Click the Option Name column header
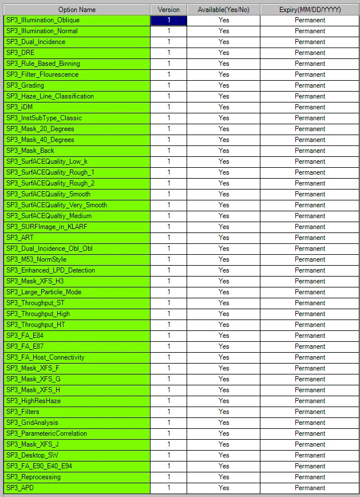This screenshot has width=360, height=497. (x=77, y=10)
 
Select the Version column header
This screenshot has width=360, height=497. (x=169, y=10)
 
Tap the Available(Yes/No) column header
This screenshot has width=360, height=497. (x=224, y=10)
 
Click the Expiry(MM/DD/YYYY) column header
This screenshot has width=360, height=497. (x=310, y=10)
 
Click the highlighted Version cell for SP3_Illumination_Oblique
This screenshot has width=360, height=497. (x=169, y=20)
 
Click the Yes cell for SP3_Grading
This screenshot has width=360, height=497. (x=224, y=85)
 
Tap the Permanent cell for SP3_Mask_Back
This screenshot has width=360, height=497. (x=310, y=151)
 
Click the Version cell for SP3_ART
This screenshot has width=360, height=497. (x=169, y=238)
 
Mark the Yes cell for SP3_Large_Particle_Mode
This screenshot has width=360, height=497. (x=224, y=292)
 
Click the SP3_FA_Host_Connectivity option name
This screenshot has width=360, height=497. (x=45, y=357)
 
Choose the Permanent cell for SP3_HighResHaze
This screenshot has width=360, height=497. (x=310, y=401)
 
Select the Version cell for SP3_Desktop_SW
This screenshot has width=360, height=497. (x=169, y=455)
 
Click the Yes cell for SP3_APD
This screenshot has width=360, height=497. (x=224, y=488)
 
